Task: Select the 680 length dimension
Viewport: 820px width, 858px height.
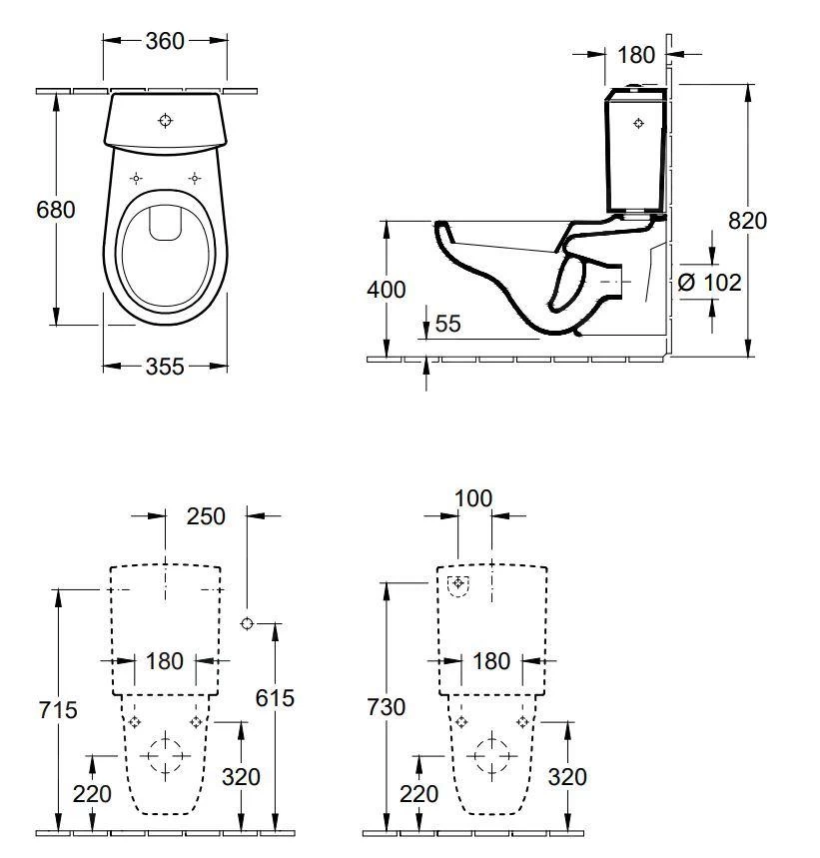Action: pyautogui.click(x=56, y=211)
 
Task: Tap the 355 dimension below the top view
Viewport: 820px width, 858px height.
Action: pyautogui.click(x=165, y=367)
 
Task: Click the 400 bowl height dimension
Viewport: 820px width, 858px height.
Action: pyautogui.click(x=388, y=290)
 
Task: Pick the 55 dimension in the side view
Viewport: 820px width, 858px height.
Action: pyautogui.click(x=449, y=324)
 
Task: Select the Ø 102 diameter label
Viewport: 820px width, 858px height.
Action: pyautogui.click(x=709, y=283)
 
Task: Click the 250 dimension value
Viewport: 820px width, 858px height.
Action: pyautogui.click(x=206, y=516)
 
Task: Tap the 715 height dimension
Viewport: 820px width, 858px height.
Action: pyautogui.click(x=58, y=709)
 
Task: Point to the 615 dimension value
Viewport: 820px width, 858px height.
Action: pyautogui.click(x=275, y=697)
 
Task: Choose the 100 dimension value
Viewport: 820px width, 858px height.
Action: pyautogui.click(x=473, y=498)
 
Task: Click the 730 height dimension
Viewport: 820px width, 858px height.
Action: pyautogui.click(x=387, y=707)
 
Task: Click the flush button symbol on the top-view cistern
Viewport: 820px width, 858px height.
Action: pyautogui.click(x=166, y=121)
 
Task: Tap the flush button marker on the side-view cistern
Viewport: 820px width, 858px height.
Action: pyautogui.click(x=640, y=124)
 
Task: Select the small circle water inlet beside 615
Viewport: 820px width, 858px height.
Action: pyautogui.click(x=247, y=624)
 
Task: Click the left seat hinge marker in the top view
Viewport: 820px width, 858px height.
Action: pyautogui.click(x=136, y=179)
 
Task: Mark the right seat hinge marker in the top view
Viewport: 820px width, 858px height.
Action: pyautogui.click(x=195, y=179)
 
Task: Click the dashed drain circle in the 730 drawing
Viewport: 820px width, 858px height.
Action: pyautogui.click(x=491, y=756)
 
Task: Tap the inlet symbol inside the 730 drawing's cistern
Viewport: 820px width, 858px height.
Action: pyautogui.click(x=458, y=584)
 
